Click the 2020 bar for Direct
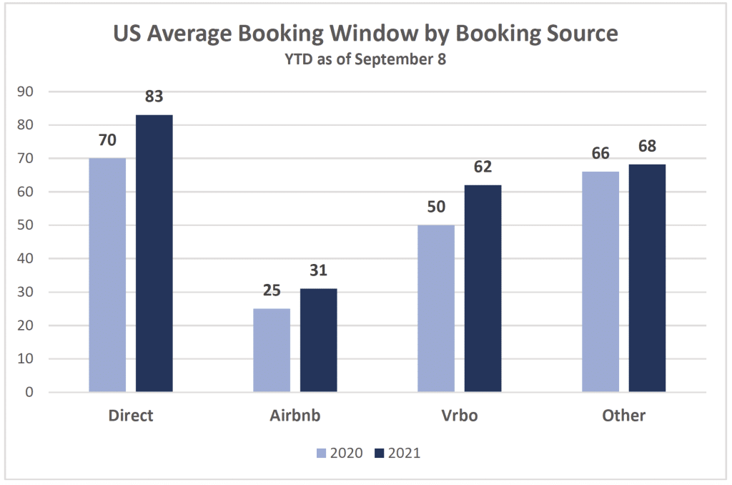pyautogui.click(x=107, y=275)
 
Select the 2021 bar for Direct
pyautogui.click(x=154, y=253)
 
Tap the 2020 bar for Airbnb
pyautogui.click(x=272, y=350)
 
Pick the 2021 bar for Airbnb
pyautogui.click(x=318, y=340)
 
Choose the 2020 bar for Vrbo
pyautogui.click(x=436, y=308)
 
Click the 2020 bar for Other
pyautogui.click(x=600, y=282)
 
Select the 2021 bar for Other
pyautogui.click(x=647, y=278)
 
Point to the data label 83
pyautogui.click(x=154, y=96)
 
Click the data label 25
pyautogui.click(x=272, y=290)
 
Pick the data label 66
pyautogui.click(x=600, y=153)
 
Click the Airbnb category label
pyautogui.click(x=295, y=416)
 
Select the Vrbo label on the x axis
pyautogui.click(x=459, y=416)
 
